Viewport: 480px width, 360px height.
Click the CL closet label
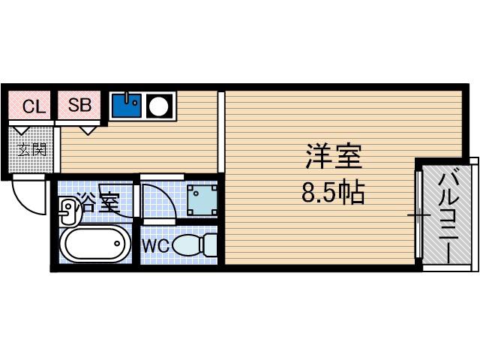click(x=34, y=106)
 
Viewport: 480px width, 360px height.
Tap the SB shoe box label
click(x=79, y=105)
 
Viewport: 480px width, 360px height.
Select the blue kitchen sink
click(x=127, y=106)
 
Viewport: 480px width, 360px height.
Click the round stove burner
click(x=158, y=106)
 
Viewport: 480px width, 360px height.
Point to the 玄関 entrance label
click(x=31, y=150)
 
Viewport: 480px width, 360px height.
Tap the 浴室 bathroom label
click(x=97, y=202)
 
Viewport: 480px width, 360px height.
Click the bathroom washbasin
click(x=68, y=210)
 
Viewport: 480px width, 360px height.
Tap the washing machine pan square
click(x=202, y=200)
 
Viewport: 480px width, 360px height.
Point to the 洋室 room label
click(x=334, y=157)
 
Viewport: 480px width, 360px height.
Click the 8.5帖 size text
click(x=333, y=193)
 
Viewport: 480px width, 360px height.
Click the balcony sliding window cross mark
click(x=418, y=215)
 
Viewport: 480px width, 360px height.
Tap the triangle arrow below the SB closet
click(x=88, y=130)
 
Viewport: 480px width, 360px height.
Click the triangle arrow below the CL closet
click(x=22, y=130)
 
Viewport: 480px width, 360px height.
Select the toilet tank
click(x=210, y=244)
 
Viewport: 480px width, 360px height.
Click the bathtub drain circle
click(x=117, y=244)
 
